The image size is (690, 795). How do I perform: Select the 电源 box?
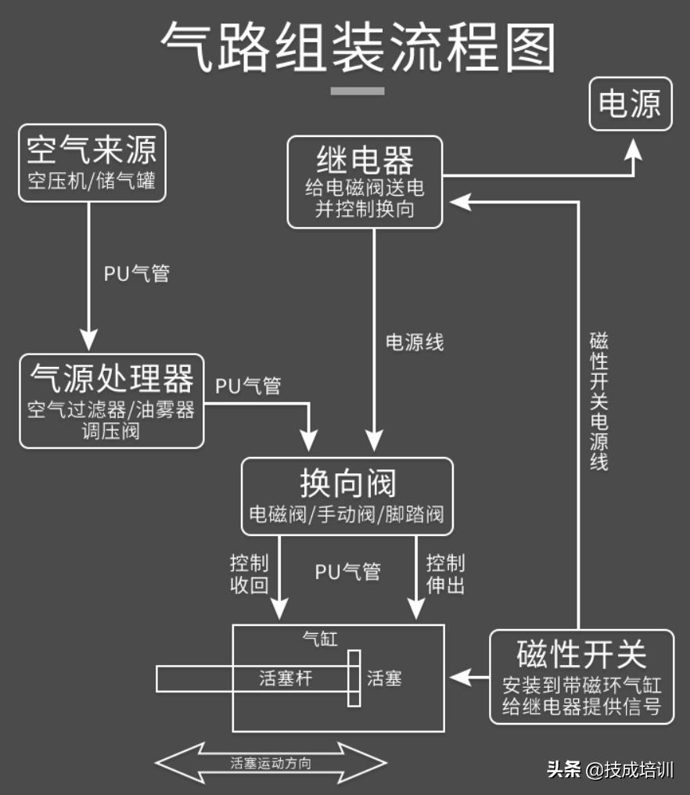(x=630, y=103)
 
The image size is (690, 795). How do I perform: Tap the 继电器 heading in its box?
(x=365, y=161)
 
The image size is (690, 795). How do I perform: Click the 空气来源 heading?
(x=92, y=149)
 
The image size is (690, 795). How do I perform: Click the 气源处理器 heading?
(x=112, y=378)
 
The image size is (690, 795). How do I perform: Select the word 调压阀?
(x=110, y=430)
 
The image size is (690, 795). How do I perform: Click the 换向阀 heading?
(x=347, y=482)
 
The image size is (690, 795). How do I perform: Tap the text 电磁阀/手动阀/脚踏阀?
(x=347, y=515)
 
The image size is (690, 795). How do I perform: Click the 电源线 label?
(x=415, y=342)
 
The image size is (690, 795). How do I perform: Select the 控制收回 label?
(x=250, y=574)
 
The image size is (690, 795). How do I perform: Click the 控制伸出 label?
(x=446, y=574)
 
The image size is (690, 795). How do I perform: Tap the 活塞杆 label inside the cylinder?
(x=286, y=678)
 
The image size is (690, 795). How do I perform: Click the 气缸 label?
(x=320, y=639)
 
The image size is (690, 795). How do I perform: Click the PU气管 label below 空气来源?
(x=137, y=274)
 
